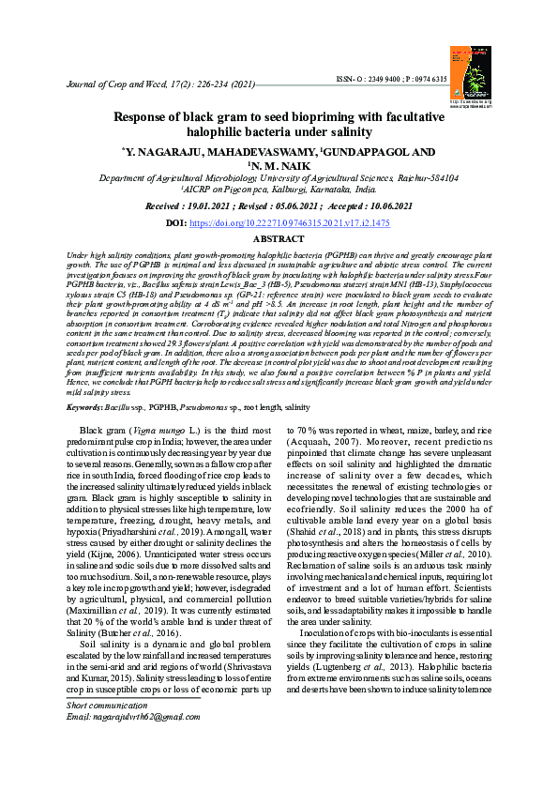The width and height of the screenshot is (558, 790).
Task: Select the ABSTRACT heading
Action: click(279, 240)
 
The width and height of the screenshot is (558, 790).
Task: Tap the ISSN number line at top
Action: click(393, 79)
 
